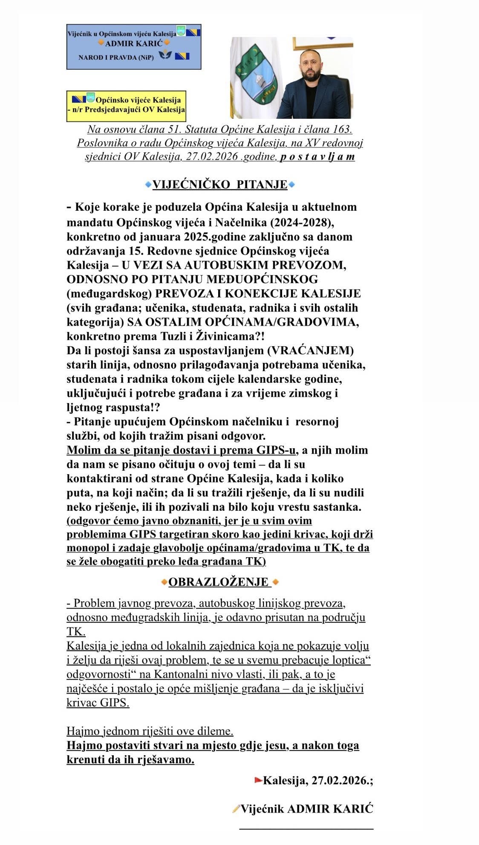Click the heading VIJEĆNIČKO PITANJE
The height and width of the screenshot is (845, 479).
click(220, 185)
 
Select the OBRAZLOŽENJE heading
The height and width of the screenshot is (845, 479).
click(219, 582)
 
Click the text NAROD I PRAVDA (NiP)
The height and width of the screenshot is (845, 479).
click(116, 57)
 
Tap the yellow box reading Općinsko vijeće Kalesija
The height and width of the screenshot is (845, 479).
click(126, 105)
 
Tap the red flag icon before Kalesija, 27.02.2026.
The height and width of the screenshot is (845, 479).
click(258, 780)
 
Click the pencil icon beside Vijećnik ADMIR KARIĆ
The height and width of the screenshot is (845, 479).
click(236, 809)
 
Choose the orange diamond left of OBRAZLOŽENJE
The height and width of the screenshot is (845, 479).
click(164, 582)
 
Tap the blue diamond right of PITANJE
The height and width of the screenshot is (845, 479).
click(292, 185)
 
